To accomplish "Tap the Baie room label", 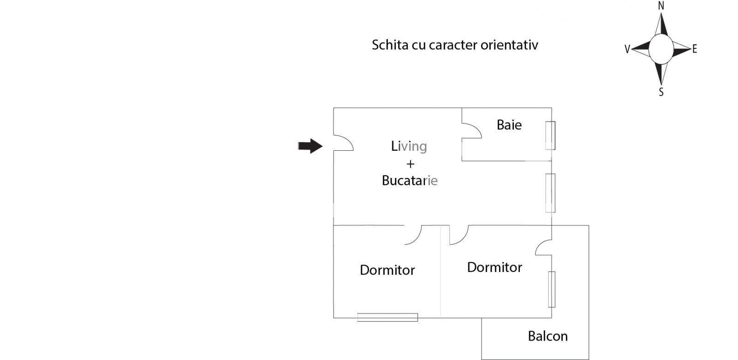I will (x=509, y=125).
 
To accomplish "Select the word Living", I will (x=409, y=147).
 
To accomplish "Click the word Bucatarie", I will (x=410, y=181).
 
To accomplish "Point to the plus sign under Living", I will (x=410, y=164).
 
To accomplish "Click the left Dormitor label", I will (x=387, y=270).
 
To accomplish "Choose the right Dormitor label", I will (x=494, y=267).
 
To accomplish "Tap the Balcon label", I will (x=548, y=336).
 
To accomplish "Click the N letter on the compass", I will (x=661, y=6).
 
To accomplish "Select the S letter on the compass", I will (x=661, y=92).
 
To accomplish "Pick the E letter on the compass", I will (x=695, y=49).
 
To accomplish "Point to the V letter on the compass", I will (x=627, y=49).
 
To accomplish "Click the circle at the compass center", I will (x=661, y=48).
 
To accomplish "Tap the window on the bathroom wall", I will (x=550, y=136).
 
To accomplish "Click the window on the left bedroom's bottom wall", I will (x=387, y=317).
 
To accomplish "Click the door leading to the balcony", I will (x=544, y=248).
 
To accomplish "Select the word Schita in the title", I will (x=387, y=45).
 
